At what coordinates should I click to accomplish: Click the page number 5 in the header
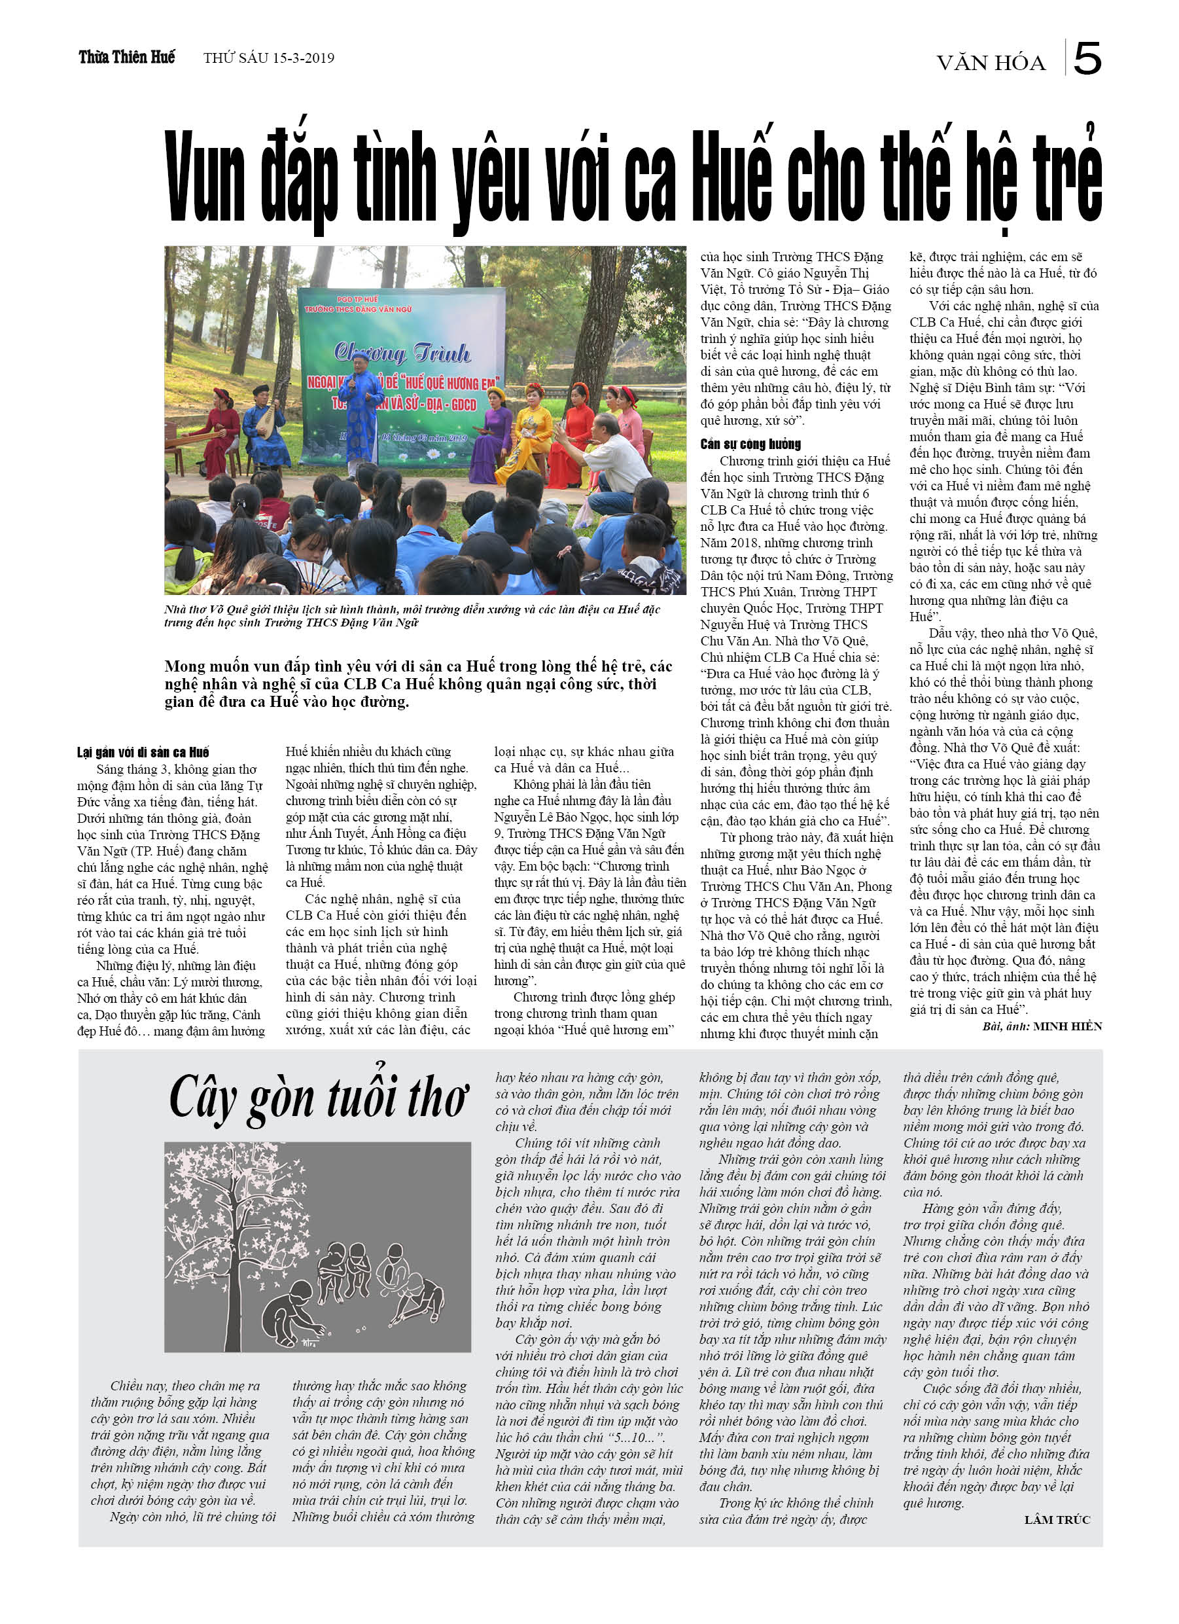coord(1087,59)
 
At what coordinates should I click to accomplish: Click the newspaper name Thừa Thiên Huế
coord(127,58)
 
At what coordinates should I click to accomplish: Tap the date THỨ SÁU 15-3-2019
coord(268,58)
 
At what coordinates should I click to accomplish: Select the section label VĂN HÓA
coord(991,63)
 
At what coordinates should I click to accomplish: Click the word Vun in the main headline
coord(203,175)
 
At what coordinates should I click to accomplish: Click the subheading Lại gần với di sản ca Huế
coord(143,752)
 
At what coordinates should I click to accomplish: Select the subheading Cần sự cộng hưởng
coord(750,444)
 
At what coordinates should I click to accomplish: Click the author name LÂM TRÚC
coord(1057,1519)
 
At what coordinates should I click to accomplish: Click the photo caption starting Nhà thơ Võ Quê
coord(412,616)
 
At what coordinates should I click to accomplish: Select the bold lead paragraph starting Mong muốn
coord(418,684)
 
